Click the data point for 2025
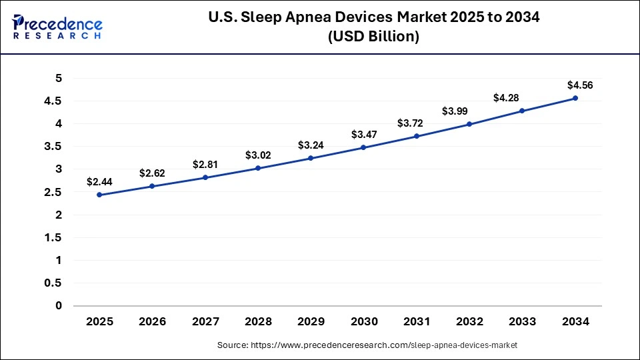pyautogui.click(x=99, y=195)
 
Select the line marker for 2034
pyautogui.click(x=575, y=98)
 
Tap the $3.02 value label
pyautogui.click(x=258, y=155)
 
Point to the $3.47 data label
pyautogui.click(x=364, y=135)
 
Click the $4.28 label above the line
pyautogui.click(x=507, y=98)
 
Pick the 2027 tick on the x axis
pyautogui.click(x=205, y=321)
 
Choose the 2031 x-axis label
pyautogui.click(x=417, y=321)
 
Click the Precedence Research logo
pyautogui.click(x=57, y=26)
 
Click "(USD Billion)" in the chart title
pyautogui.click(x=373, y=37)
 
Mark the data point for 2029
pyautogui.click(x=311, y=158)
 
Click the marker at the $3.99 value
pyautogui.click(x=469, y=124)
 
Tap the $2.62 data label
pyautogui.click(x=152, y=173)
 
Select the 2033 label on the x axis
pyautogui.click(x=522, y=321)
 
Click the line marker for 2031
pyautogui.click(x=417, y=136)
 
